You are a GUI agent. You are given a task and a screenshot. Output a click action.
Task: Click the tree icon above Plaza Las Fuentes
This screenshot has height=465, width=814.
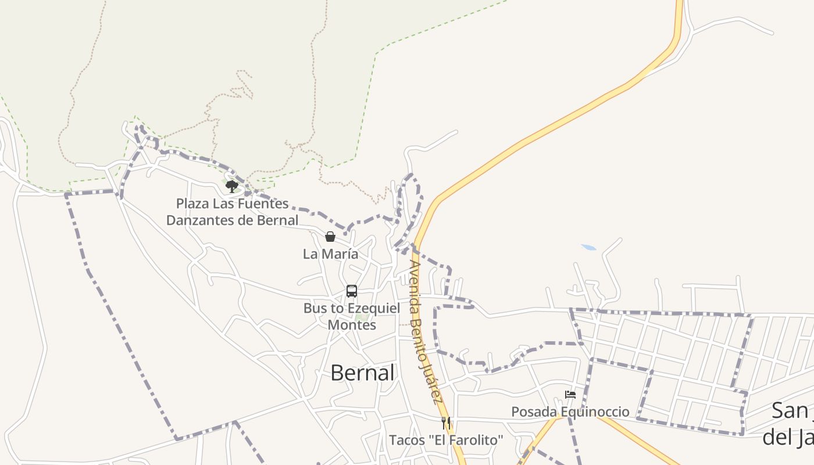232,187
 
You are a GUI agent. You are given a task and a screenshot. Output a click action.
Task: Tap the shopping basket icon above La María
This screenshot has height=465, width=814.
330,237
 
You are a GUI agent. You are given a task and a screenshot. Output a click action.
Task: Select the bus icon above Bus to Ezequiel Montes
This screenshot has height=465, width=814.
352,291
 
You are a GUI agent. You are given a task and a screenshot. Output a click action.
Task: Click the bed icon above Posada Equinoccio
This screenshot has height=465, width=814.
570,395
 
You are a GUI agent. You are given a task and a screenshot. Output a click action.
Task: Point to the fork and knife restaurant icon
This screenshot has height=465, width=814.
446,423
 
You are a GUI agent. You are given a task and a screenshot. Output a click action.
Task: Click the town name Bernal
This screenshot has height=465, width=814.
362,373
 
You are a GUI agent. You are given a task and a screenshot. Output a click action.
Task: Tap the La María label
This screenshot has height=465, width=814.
330,254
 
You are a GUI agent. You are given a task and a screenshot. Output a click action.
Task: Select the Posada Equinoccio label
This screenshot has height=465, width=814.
570,412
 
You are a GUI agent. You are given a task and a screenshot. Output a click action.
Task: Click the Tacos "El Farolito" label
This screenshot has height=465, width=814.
446,440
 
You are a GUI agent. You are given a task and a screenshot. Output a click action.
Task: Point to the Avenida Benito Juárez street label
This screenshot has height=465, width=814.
425,331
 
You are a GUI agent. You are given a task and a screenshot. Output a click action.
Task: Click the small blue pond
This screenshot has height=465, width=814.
588,248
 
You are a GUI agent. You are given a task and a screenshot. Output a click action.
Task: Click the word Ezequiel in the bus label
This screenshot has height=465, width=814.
374,308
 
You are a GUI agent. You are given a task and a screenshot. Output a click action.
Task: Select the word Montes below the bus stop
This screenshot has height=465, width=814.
352,325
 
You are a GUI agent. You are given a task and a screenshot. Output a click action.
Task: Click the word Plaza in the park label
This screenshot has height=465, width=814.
192,203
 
